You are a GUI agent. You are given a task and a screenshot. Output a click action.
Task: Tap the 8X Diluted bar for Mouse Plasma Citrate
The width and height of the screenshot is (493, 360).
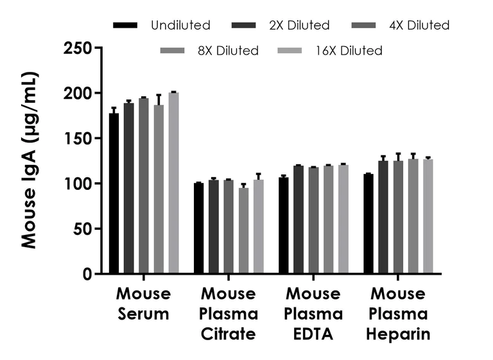tap(243, 230)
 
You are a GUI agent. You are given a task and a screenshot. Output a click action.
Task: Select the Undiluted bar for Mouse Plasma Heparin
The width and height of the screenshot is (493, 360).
tap(368, 224)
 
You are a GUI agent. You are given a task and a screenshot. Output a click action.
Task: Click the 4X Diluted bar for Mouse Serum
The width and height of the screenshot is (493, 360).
tap(144, 186)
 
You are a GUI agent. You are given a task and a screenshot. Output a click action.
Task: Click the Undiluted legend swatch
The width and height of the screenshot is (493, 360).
tap(125, 26)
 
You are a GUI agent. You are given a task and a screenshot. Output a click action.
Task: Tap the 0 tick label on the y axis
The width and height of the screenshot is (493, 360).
tap(87, 275)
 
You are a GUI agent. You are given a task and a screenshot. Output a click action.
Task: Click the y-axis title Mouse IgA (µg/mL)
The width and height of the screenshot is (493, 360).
tap(29, 160)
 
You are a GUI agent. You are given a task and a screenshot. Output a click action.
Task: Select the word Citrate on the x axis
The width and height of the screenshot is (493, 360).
tap(229, 334)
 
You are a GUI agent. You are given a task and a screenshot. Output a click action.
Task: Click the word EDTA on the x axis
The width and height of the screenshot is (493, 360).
tap(313, 334)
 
